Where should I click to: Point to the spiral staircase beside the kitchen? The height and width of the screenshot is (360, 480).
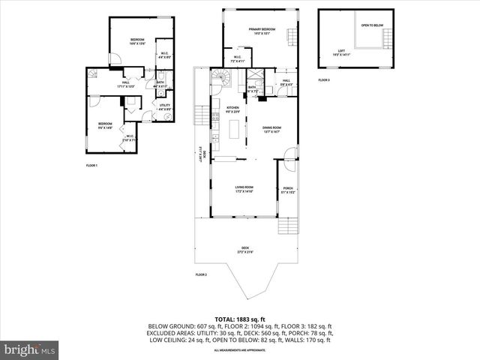click(x=223, y=77)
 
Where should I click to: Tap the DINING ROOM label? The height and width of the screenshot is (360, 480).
click(x=271, y=129)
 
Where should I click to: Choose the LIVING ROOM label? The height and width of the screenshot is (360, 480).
click(x=244, y=188)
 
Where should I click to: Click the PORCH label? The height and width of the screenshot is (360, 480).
click(x=288, y=189)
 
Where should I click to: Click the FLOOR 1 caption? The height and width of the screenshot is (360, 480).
click(x=91, y=165)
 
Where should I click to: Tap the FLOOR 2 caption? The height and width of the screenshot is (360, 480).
click(x=201, y=275)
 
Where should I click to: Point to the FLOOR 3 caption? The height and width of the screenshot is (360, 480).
click(x=323, y=79)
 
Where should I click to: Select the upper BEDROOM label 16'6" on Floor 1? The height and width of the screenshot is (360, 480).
click(x=136, y=40)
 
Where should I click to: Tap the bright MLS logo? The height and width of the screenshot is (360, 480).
click(x=29, y=349)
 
